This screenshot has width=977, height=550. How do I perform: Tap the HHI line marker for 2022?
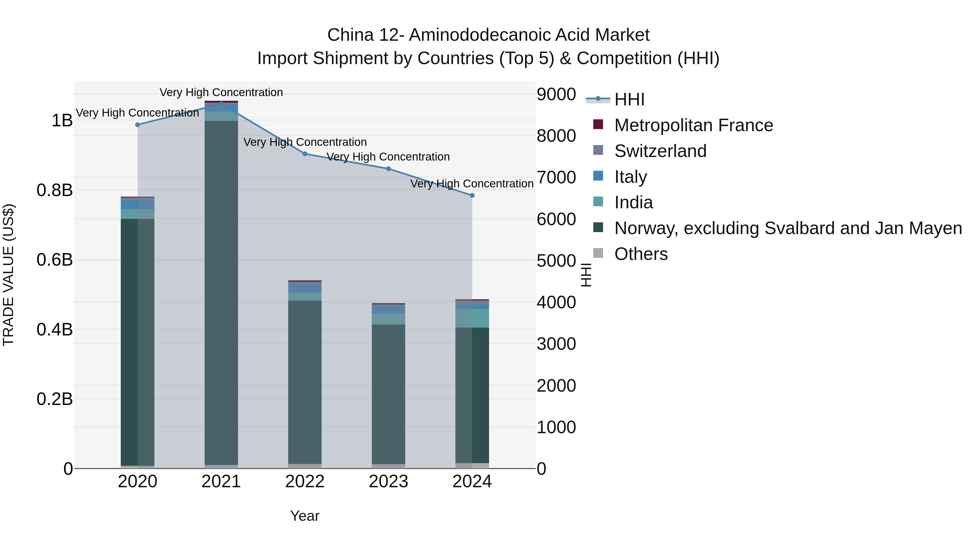[305, 154]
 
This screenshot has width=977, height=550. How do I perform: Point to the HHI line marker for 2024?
[472, 196]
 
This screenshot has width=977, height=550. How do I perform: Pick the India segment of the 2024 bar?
[472, 318]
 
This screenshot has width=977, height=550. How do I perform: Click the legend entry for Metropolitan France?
[693, 125]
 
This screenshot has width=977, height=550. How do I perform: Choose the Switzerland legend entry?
[660, 151]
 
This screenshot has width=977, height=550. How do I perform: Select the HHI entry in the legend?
[629, 99]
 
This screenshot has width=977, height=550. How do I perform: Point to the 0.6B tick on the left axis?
[55, 260]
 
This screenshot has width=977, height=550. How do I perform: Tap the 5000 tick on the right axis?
[556, 261]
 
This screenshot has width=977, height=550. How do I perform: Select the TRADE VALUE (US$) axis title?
[9, 275]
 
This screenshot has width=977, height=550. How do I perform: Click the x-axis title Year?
[305, 516]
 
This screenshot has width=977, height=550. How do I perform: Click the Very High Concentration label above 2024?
[472, 184]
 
